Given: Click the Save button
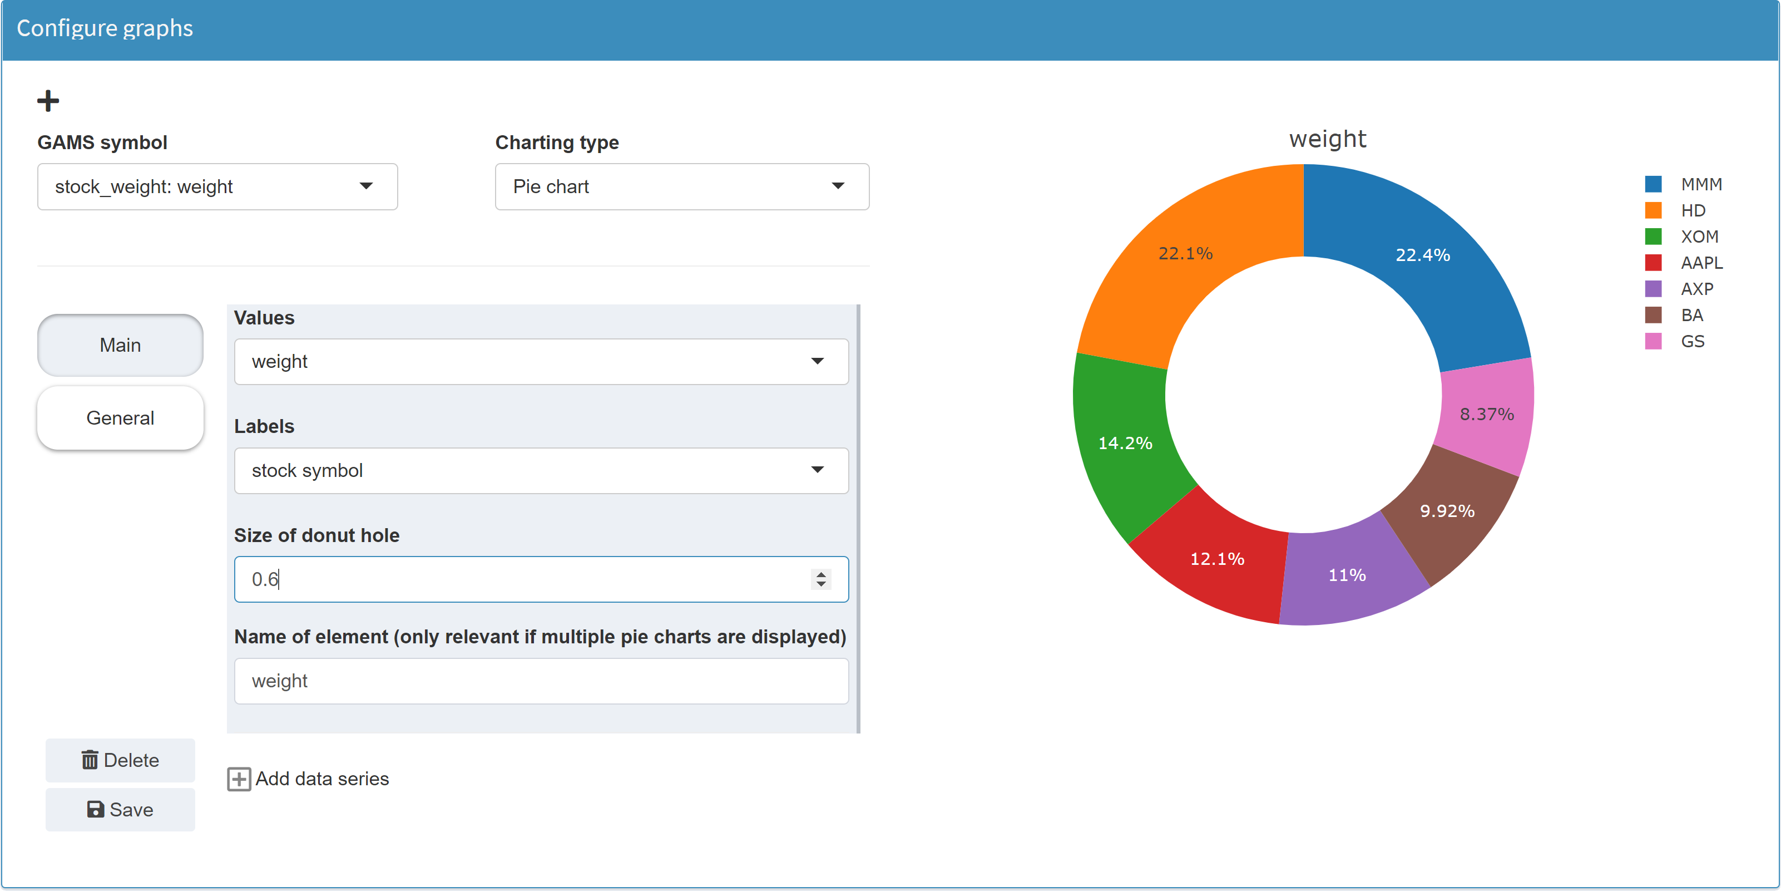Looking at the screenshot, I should pyautogui.click(x=120, y=809).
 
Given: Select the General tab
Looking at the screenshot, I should pyautogui.click(x=120, y=418).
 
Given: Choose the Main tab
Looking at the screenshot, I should pyautogui.click(x=120, y=345).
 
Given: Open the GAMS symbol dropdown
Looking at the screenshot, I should pyautogui.click(x=217, y=187).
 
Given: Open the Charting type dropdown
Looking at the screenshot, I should pyautogui.click(x=682, y=187).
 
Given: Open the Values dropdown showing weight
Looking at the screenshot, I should pyautogui.click(x=541, y=362).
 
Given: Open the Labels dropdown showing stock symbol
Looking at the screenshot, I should pyautogui.click(x=541, y=470).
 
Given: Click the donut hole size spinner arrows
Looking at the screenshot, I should pyautogui.click(x=820, y=579).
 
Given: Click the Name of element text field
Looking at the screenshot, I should pyautogui.click(x=541, y=681).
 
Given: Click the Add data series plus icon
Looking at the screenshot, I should pyautogui.click(x=239, y=779).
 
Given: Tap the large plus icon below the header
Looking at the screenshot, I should pyautogui.click(x=48, y=101).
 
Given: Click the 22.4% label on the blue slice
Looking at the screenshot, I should pyautogui.click(x=1422, y=255).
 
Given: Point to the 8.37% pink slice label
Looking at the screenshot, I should pyautogui.click(x=1486, y=415).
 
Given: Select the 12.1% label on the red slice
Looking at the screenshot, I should pyautogui.click(x=1217, y=559).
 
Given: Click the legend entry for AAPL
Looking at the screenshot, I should pyautogui.click(x=1701, y=263).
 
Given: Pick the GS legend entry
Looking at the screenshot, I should pyautogui.click(x=1692, y=341).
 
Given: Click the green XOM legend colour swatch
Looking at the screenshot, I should pyautogui.click(x=1653, y=237).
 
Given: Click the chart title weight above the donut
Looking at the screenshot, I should pyautogui.click(x=1328, y=139).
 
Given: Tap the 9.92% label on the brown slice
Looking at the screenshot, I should pyautogui.click(x=1447, y=511).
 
